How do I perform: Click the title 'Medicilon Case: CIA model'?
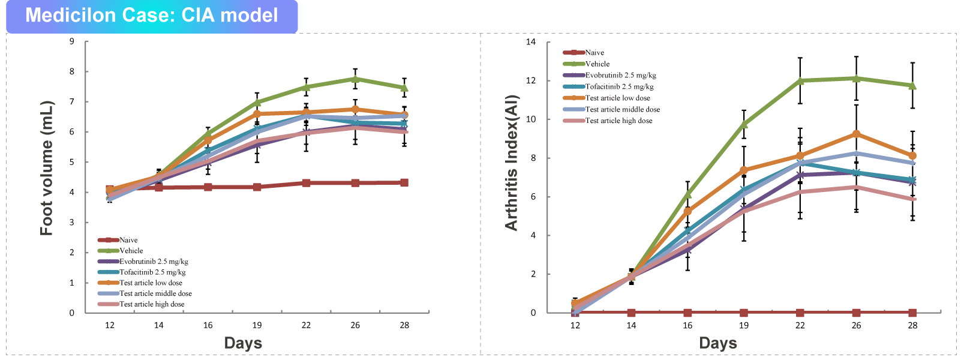click(x=151, y=16)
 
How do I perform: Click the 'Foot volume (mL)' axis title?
click(x=47, y=168)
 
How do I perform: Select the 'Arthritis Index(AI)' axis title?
click(x=511, y=163)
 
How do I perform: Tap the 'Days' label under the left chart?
click(x=243, y=343)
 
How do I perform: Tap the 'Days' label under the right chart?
click(x=718, y=343)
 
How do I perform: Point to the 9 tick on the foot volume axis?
click(x=72, y=41)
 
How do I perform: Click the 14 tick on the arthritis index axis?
click(x=531, y=42)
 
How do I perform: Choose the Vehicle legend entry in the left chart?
click(x=131, y=251)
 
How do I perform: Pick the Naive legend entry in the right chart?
click(x=594, y=53)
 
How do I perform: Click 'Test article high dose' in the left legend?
click(x=152, y=304)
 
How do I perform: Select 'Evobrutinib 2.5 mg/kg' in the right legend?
click(x=620, y=76)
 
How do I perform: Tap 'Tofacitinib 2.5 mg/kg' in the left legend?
click(x=152, y=272)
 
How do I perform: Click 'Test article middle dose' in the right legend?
click(x=623, y=110)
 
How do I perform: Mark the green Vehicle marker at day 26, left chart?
click(x=355, y=79)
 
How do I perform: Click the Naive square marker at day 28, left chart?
click(x=404, y=182)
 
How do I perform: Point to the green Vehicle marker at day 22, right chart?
click(x=800, y=80)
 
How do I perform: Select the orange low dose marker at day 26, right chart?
click(x=856, y=134)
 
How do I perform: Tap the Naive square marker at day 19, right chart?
click(x=744, y=313)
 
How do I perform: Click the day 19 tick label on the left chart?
click(x=257, y=325)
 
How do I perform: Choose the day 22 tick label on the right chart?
click(x=800, y=325)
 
